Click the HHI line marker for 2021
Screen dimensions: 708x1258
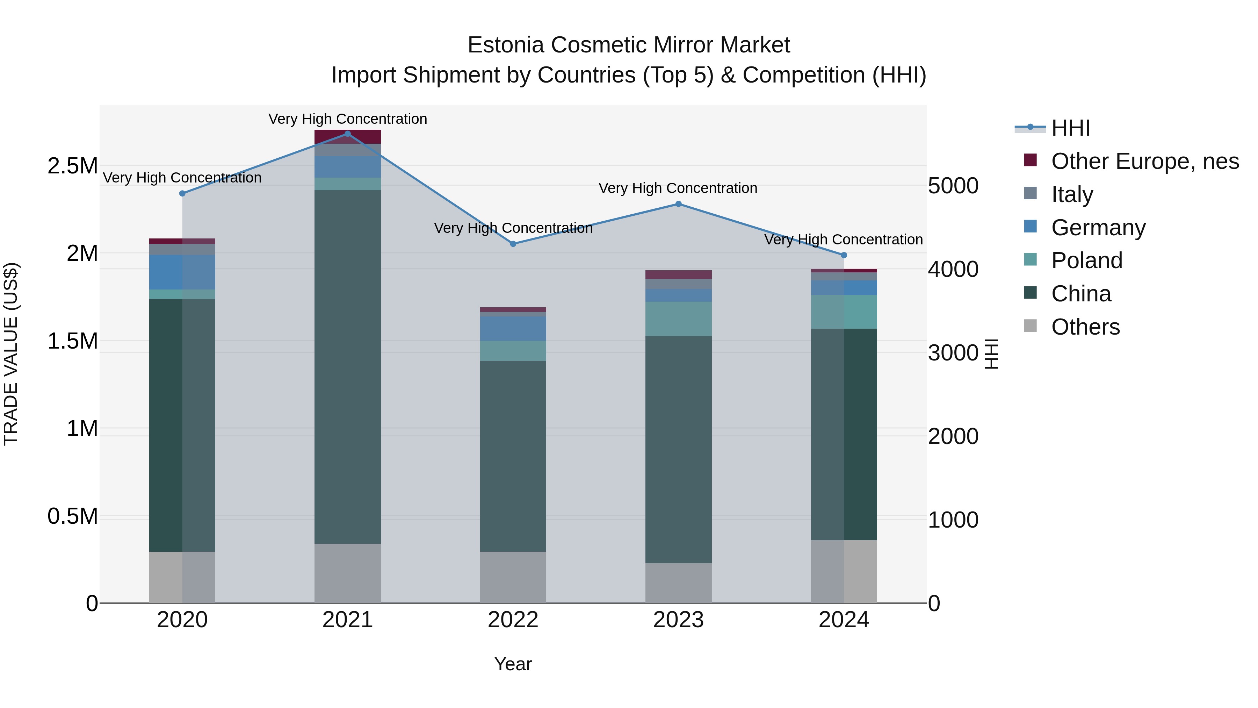348,134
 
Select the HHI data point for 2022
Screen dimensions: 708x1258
513,244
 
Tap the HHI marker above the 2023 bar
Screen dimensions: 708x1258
678,204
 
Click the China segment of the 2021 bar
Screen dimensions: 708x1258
348,366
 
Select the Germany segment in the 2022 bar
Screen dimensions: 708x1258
513,328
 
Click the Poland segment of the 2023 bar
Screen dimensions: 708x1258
678,319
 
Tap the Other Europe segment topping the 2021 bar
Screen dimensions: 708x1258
348,137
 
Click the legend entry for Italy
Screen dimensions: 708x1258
1072,194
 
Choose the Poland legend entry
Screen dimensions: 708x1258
1086,260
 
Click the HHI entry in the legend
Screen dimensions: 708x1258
1070,128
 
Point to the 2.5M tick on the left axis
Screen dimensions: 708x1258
72,166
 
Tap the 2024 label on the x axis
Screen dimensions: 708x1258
844,620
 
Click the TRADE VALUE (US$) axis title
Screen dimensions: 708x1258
11,354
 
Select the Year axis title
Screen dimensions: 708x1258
513,664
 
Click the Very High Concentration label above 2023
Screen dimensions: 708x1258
678,188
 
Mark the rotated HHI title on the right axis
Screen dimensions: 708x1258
991,354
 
